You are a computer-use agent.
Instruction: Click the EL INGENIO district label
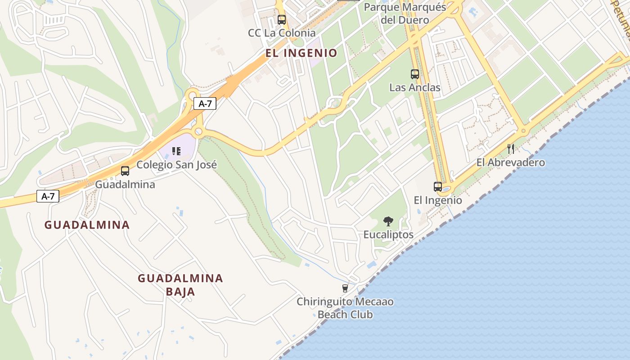301,53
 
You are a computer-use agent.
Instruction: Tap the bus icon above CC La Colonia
282,20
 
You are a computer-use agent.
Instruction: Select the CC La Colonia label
282,33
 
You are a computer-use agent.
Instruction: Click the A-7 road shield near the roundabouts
205,103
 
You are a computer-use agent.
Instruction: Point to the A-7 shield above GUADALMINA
48,196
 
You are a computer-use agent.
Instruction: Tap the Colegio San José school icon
176,151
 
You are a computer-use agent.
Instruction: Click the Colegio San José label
176,165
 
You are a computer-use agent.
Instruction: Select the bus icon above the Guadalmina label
125,171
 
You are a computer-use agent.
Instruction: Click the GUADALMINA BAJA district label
180,285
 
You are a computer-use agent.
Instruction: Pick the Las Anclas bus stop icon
415,74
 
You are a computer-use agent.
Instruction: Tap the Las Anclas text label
415,87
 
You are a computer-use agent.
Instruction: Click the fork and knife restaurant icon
511,149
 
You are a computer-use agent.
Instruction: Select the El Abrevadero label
511,162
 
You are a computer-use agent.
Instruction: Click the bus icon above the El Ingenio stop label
438,186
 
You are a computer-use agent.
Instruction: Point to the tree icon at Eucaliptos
388,221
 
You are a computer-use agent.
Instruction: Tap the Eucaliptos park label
388,234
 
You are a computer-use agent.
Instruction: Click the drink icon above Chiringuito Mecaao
345,288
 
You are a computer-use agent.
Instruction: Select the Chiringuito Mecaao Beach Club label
345,308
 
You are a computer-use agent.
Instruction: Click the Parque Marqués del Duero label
405,13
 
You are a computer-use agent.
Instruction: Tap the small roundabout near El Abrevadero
523,131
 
